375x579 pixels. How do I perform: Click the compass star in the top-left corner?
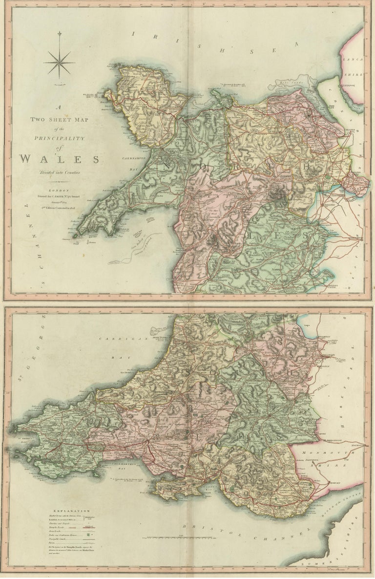(59, 62)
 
